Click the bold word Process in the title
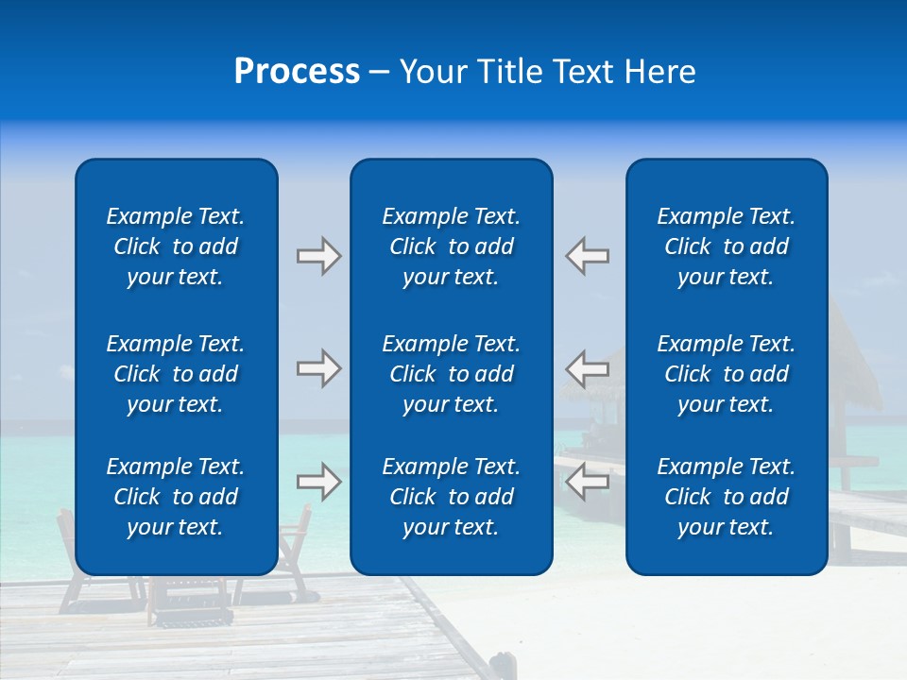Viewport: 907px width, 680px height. pyautogui.click(x=297, y=72)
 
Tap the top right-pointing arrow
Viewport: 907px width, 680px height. pyautogui.click(x=318, y=256)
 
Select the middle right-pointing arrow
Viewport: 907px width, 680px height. pyautogui.click(x=318, y=368)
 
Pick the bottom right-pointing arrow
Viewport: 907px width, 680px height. pyautogui.click(x=318, y=482)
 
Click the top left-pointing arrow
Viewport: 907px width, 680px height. pyautogui.click(x=588, y=256)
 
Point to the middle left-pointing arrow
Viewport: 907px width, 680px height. pyautogui.click(x=588, y=368)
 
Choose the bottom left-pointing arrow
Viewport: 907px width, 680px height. pyautogui.click(x=588, y=482)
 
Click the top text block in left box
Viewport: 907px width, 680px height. pyautogui.click(x=176, y=246)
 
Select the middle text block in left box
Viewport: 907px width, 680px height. pyautogui.click(x=176, y=374)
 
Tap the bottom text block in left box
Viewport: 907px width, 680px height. pyautogui.click(x=176, y=497)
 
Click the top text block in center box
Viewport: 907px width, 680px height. pyautogui.click(x=451, y=246)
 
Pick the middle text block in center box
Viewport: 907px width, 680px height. pyautogui.click(x=451, y=374)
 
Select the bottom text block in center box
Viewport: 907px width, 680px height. pyautogui.click(x=451, y=497)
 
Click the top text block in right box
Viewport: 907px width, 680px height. pyautogui.click(x=726, y=246)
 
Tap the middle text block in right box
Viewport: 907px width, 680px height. pyautogui.click(x=726, y=374)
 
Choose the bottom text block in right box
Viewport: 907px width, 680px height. pyautogui.click(x=726, y=497)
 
